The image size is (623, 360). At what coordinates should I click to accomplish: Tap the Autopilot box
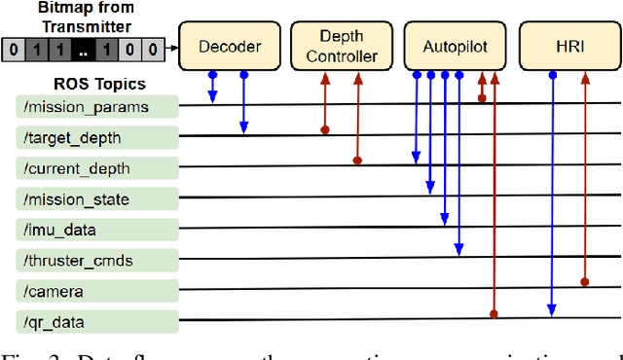(457, 46)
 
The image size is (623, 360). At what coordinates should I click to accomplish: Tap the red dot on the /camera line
(584, 281)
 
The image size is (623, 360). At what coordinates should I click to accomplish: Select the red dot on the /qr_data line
(495, 314)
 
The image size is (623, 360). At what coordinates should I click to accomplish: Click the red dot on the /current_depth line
(357, 161)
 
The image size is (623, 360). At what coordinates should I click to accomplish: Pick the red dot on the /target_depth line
(326, 128)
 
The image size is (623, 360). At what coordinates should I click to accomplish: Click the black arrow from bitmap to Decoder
(172, 46)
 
